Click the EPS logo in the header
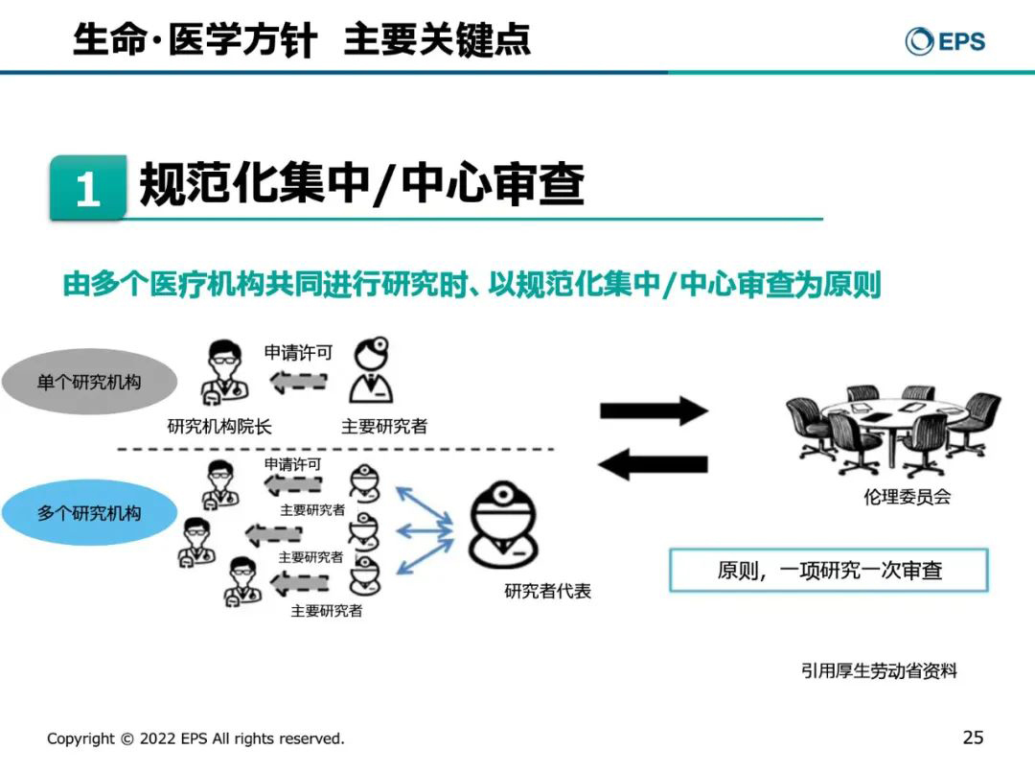coord(945,41)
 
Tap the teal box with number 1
coord(88,188)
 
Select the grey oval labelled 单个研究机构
coord(89,382)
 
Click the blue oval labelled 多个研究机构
coord(89,513)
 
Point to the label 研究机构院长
coord(219,427)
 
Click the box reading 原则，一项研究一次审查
coord(829,571)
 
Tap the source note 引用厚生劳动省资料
coord(879,671)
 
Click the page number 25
coord(973,738)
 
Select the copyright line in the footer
coord(195,738)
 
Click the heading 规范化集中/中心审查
coord(362,185)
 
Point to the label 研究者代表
coord(547,591)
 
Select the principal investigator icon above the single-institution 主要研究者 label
coord(372,372)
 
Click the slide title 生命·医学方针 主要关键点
coord(301,40)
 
